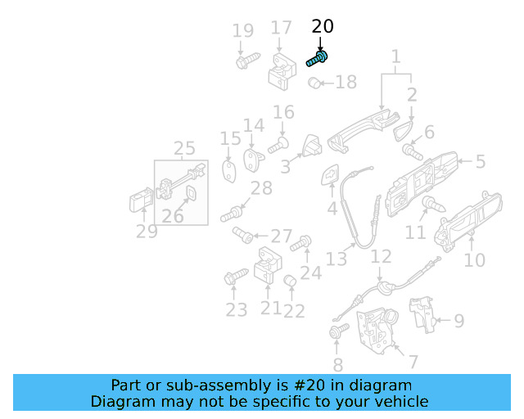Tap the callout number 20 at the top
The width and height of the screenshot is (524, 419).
[x=323, y=27]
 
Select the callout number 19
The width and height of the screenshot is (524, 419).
[x=242, y=32]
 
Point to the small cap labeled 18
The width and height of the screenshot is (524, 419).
[x=314, y=82]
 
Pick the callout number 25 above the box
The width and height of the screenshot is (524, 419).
[x=184, y=149]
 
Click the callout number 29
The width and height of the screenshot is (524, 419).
[x=147, y=232]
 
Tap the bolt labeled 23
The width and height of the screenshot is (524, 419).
[x=234, y=277]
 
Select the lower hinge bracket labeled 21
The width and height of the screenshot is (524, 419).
[x=267, y=266]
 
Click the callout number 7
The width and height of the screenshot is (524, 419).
[x=413, y=361]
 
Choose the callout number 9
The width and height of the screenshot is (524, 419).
[x=458, y=321]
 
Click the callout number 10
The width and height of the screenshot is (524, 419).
[x=474, y=261]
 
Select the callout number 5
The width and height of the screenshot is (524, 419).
[x=480, y=162]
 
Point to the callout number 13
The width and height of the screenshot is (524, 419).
[x=337, y=259]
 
